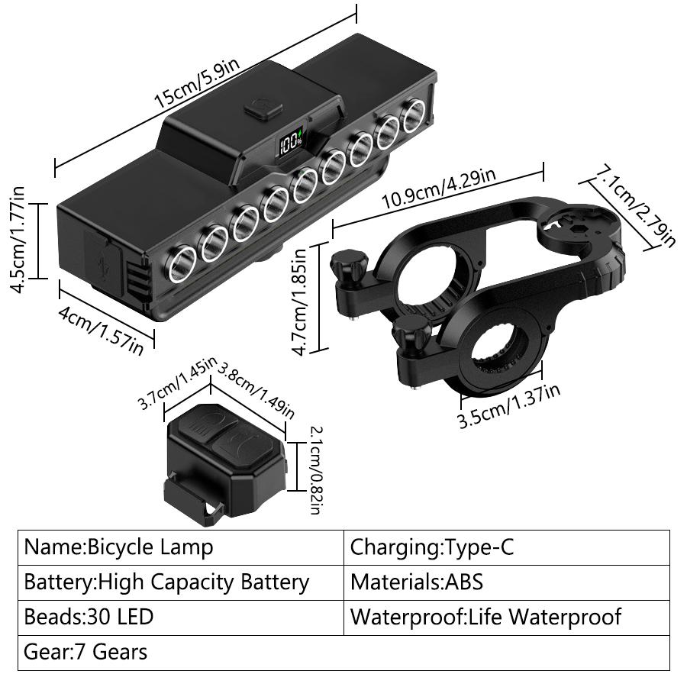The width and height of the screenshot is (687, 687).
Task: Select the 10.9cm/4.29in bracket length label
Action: click(x=439, y=190)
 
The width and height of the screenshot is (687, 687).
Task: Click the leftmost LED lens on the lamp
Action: click(x=181, y=266)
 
